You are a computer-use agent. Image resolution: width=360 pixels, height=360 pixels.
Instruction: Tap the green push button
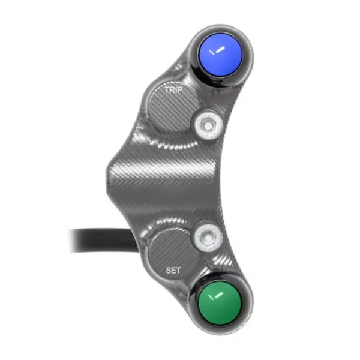[x=220, y=303]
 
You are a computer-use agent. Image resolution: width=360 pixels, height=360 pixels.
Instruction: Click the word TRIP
[x=174, y=90]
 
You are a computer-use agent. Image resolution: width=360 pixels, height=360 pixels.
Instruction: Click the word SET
[x=173, y=271]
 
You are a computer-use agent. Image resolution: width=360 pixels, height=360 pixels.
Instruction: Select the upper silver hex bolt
[x=208, y=125]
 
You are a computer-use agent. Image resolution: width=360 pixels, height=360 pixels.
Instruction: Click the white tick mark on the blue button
[x=217, y=51]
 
